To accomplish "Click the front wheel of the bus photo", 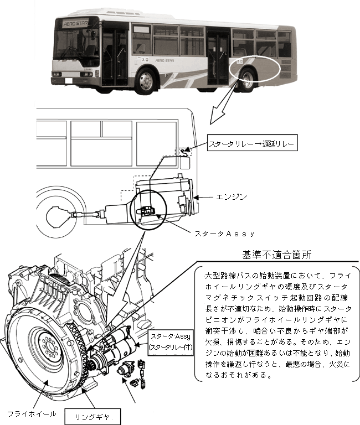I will (146, 80).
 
